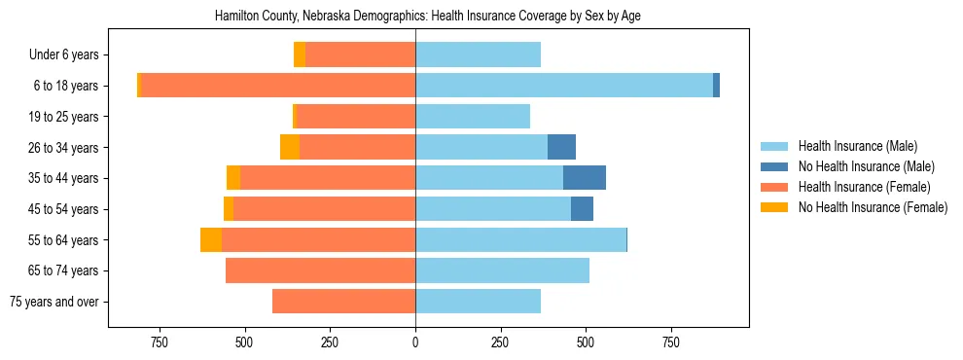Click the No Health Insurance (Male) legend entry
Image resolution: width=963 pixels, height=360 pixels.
[x=866, y=166]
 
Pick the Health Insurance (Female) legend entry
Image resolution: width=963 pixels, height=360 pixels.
[x=864, y=187]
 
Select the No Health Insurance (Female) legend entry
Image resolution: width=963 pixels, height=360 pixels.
[x=873, y=207]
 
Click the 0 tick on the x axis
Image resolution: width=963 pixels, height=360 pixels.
[x=415, y=342]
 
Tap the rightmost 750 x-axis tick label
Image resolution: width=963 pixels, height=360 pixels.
[x=670, y=342]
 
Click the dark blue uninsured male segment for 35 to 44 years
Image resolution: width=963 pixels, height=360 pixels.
[x=585, y=178]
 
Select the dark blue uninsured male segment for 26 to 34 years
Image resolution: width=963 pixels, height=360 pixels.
[x=561, y=147]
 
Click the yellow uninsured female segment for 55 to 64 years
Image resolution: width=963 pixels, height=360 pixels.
[x=211, y=239]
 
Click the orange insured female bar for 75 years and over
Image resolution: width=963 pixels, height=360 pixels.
[x=343, y=302]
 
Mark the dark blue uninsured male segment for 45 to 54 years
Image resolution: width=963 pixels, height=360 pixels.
[x=582, y=209]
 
